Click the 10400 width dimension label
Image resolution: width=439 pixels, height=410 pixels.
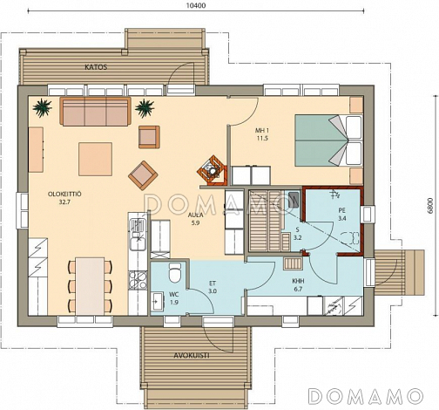196,5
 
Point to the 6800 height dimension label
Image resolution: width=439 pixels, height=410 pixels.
430,206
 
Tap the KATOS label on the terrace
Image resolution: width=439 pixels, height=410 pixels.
96,67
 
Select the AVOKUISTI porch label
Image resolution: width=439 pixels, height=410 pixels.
192,355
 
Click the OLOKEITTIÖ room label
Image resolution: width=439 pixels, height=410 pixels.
64,194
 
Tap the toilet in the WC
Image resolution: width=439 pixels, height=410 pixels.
175,273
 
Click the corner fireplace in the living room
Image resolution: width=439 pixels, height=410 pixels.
212,171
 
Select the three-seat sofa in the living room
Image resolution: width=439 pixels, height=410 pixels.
96,112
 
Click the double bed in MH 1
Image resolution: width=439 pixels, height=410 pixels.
328,140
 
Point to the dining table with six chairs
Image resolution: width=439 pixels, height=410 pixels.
90,285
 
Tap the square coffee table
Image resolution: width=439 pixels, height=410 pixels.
95,159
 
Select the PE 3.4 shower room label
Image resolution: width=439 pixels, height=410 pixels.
341,214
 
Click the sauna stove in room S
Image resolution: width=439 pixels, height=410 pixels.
294,200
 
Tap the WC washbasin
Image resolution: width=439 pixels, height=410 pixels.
158,301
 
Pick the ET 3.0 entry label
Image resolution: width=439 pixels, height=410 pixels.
213,287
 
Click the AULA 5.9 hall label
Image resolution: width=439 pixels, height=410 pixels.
195,219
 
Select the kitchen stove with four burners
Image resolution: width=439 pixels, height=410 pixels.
138,280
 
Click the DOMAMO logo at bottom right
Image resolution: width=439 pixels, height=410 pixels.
365,395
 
